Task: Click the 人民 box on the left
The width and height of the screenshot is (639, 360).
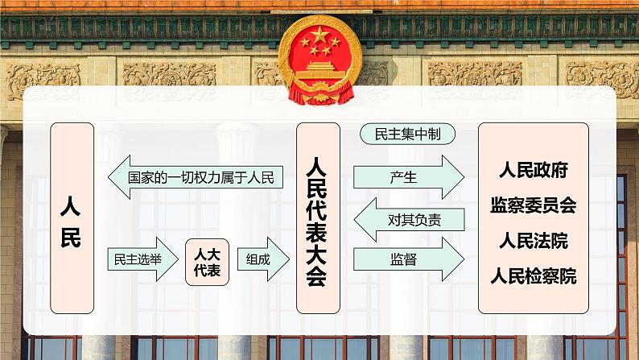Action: pos(72,217)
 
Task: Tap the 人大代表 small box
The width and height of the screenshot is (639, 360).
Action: pos(208,262)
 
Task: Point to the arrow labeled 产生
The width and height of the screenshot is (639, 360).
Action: pos(408,177)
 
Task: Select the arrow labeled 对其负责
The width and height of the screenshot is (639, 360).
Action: pos(410,219)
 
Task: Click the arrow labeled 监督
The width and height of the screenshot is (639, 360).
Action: pos(408,259)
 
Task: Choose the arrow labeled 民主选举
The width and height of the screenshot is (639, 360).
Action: pos(141,259)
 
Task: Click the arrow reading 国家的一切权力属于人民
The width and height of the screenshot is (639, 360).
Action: pos(196,177)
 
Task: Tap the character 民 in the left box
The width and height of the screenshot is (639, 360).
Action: pos(72,238)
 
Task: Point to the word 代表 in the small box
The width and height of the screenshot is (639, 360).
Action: pos(208,271)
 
